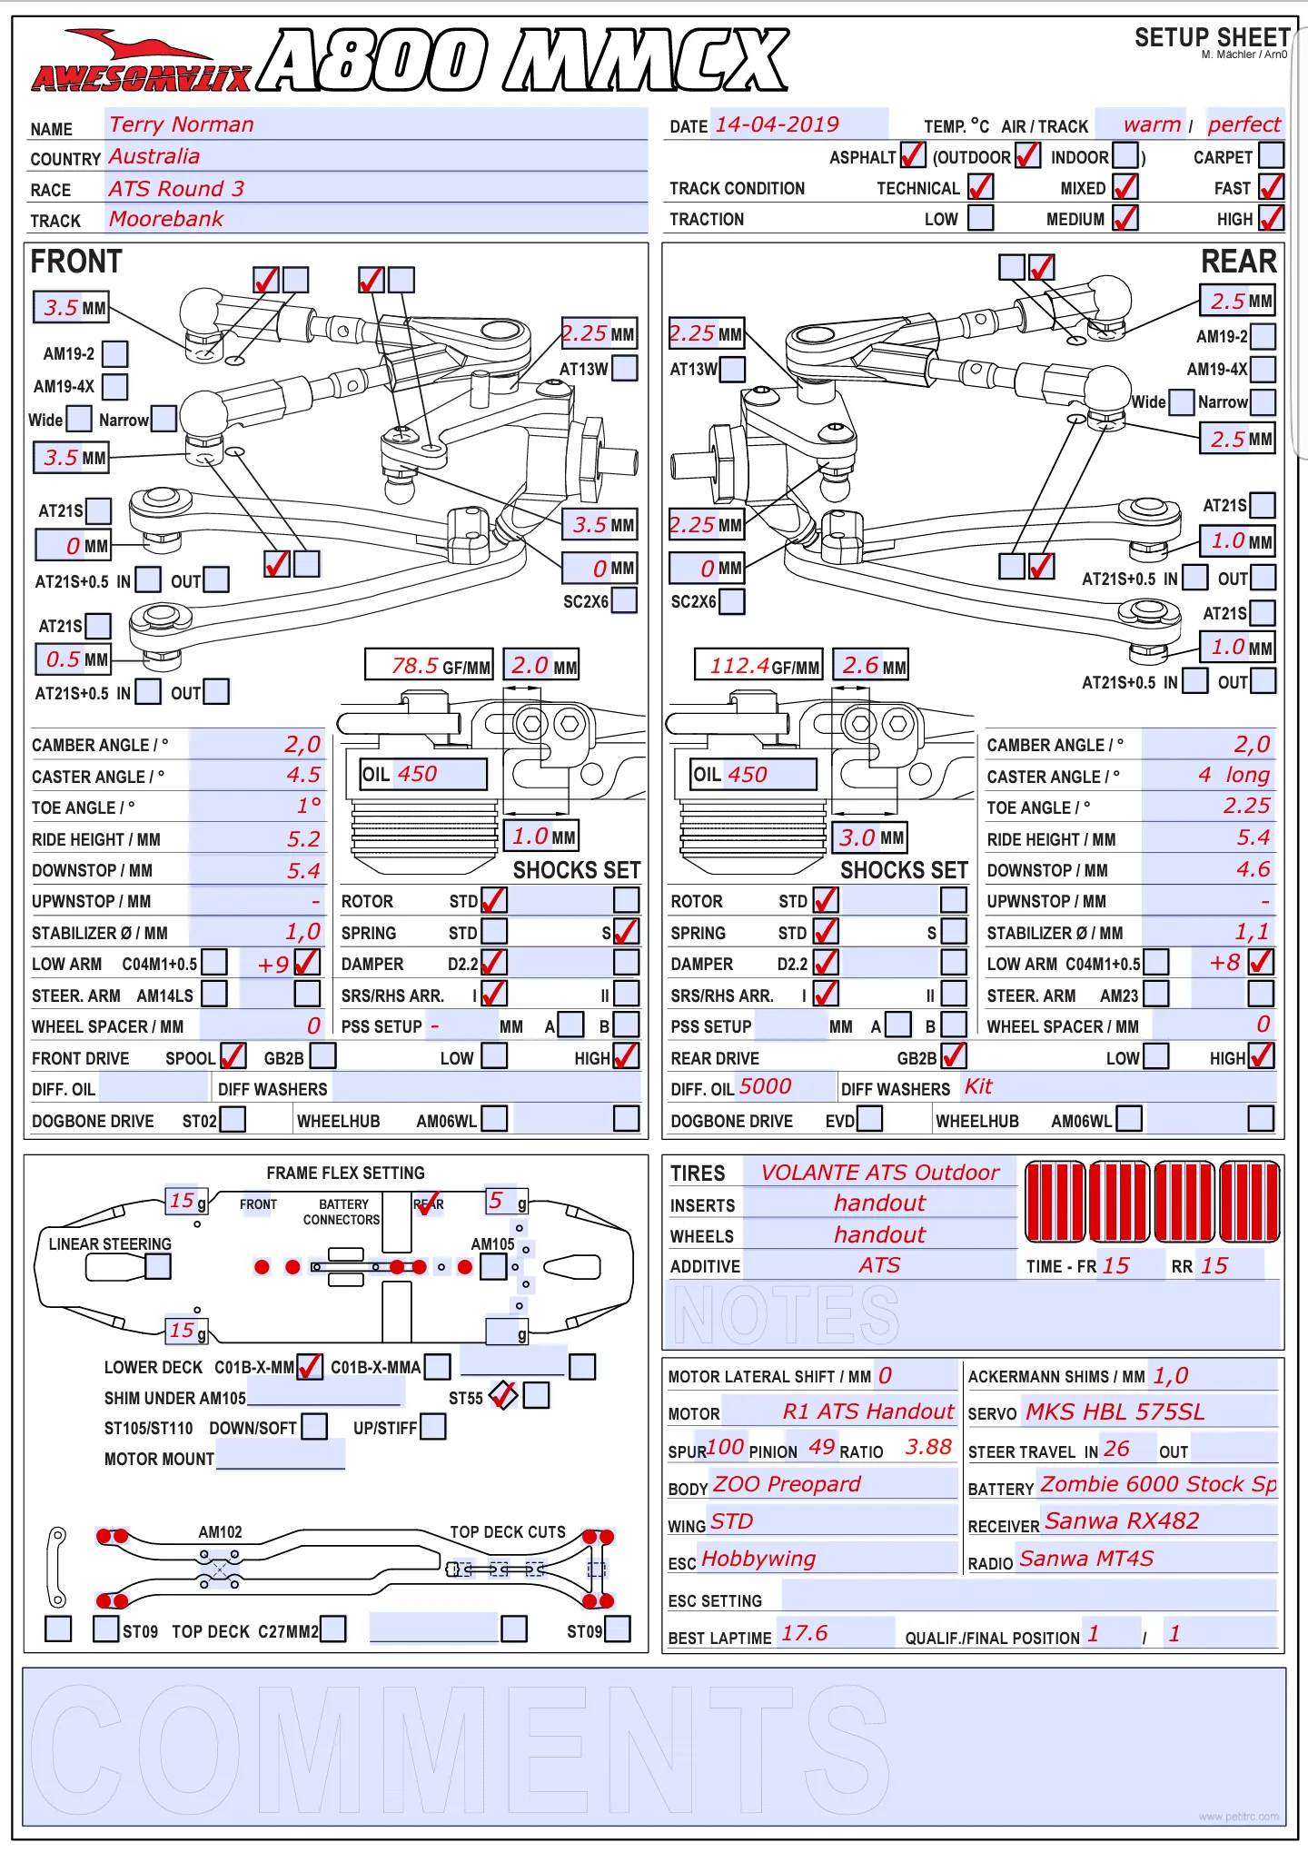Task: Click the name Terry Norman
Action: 182,124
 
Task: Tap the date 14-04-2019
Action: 777,124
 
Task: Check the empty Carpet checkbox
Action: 1272,155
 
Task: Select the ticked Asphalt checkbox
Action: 912,155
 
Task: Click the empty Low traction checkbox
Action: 980,218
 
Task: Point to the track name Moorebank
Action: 166,219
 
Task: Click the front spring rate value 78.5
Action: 415,666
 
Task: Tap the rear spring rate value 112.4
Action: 739,666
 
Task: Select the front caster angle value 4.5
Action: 303,775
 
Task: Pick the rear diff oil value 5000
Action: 765,1086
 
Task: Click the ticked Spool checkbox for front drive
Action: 233,1055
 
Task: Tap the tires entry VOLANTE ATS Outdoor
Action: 879,1173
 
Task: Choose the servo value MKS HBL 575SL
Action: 1115,1411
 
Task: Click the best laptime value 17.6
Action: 805,1633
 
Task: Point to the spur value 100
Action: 725,1447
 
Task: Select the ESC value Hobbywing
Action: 758,1560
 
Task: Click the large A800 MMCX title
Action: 523,60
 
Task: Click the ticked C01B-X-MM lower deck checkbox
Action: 310,1366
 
